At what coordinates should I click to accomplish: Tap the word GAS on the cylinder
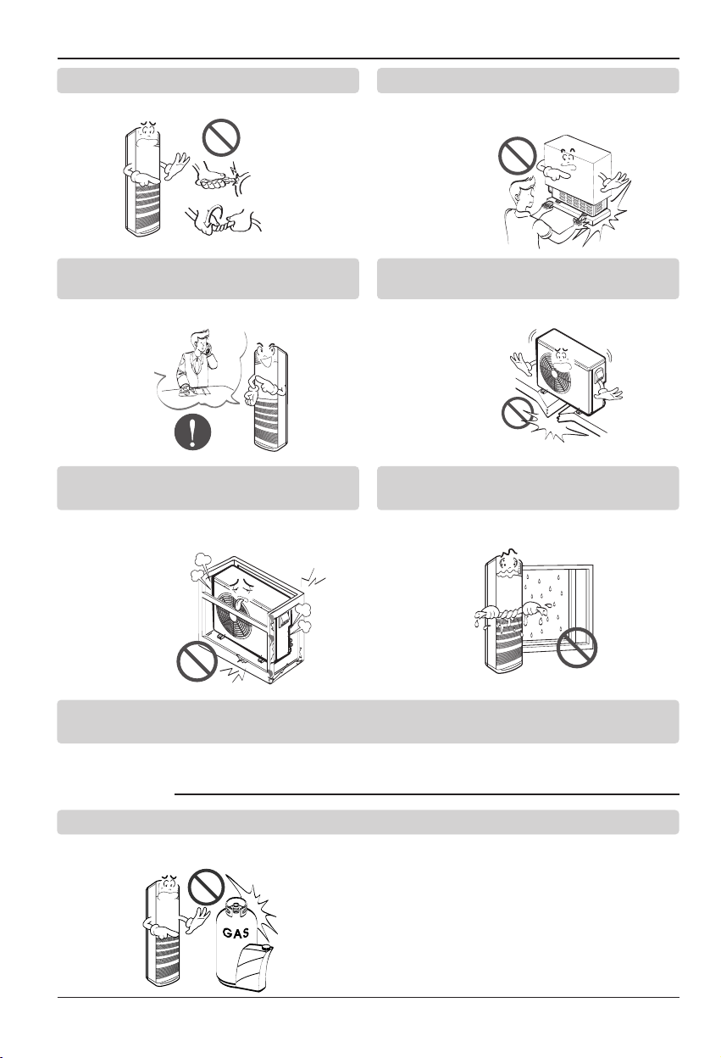(x=236, y=933)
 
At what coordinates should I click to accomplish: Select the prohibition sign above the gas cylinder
(x=206, y=885)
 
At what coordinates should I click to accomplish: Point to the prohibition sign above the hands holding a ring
(x=221, y=137)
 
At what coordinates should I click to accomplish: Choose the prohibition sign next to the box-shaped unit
(x=518, y=156)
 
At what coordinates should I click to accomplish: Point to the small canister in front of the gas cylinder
(x=253, y=966)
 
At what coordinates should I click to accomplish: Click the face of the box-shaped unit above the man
(x=569, y=159)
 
